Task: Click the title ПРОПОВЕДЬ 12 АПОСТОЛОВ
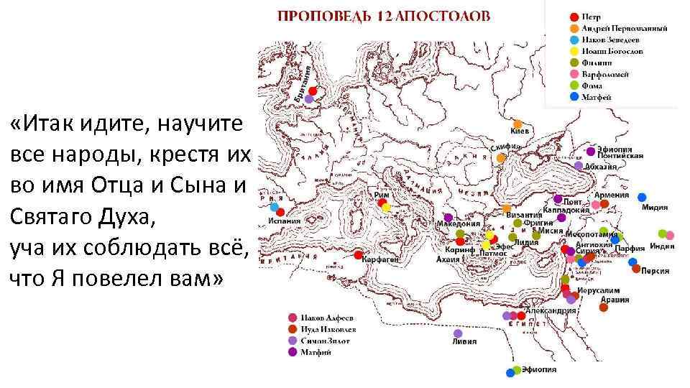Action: (385, 15)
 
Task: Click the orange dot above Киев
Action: (517, 124)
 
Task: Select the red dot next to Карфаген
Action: (358, 254)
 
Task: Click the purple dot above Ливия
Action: (458, 333)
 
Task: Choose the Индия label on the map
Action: (662, 246)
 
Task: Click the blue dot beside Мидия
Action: (642, 197)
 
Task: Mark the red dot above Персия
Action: (635, 269)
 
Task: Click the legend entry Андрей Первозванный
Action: (624, 29)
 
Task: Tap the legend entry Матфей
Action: (597, 97)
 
